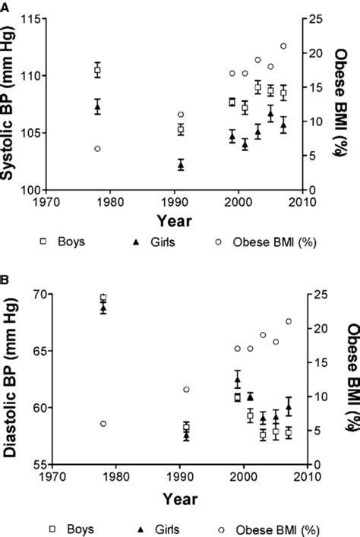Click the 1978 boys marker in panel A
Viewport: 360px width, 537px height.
(x=97, y=70)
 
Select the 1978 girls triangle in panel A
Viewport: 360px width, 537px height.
(x=97, y=107)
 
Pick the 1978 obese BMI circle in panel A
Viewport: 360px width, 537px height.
(x=97, y=149)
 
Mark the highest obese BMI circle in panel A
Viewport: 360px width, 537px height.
(x=283, y=46)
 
